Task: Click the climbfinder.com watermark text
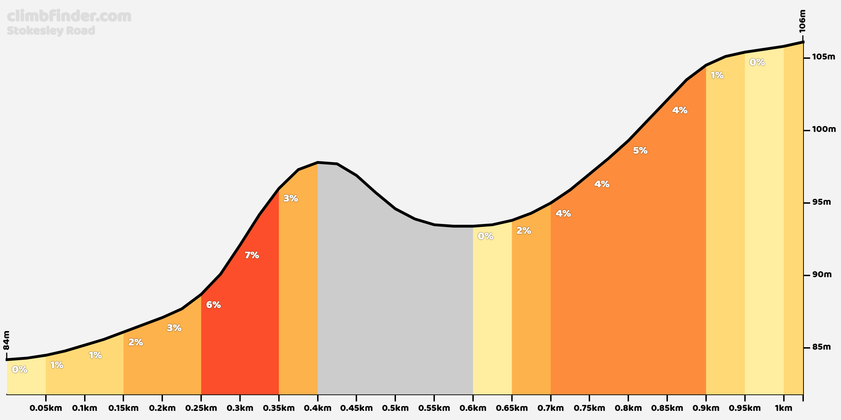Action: [x=69, y=16]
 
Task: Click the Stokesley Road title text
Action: [x=51, y=31]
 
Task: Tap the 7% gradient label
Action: [x=252, y=255]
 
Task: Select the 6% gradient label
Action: [x=213, y=305]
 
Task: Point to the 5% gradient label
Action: [x=640, y=150]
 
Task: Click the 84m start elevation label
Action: [x=7, y=340]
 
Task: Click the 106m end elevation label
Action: [x=802, y=21]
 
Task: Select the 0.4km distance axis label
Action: [x=317, y=408]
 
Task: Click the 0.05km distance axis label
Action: [x=46, y=408]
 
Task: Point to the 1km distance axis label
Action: [x=783, y=408]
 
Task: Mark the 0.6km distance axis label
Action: [x=473, y=408]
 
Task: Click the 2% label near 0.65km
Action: [x=524, y=231]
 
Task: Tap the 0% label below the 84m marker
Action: [x=20, y=370]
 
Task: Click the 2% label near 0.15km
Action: [x=135, y=342]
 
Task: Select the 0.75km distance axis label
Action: [x=589, y=408]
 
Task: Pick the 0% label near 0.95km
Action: [x=757, y=62]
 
